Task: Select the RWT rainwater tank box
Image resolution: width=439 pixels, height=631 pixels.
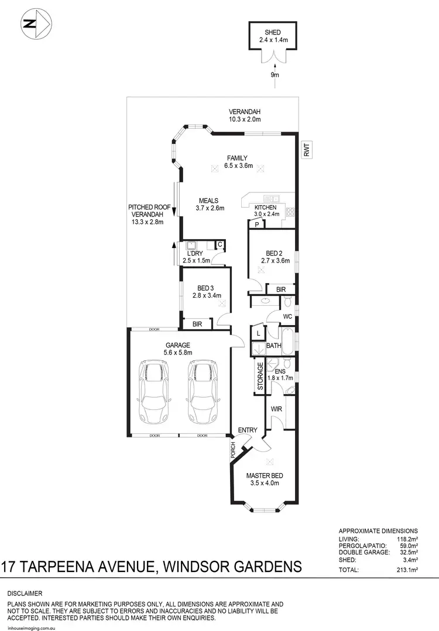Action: coord(306,150)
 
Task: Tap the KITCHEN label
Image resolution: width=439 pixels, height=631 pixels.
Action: coord(265,208)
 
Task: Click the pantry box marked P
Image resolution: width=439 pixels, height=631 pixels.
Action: coord(257,224)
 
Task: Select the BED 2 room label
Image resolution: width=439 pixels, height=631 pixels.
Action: coord(275,253)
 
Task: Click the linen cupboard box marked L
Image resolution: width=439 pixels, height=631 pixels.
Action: coord(257,333)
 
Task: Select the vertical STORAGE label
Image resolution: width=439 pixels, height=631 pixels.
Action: coord(260,377)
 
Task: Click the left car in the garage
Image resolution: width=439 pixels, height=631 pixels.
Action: coord(153,392)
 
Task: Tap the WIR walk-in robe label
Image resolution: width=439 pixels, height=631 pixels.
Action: coord(276,409)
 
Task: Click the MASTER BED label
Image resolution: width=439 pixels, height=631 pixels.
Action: coord(262,475)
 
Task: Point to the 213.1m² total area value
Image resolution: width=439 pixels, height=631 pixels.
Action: coord(406,569)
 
